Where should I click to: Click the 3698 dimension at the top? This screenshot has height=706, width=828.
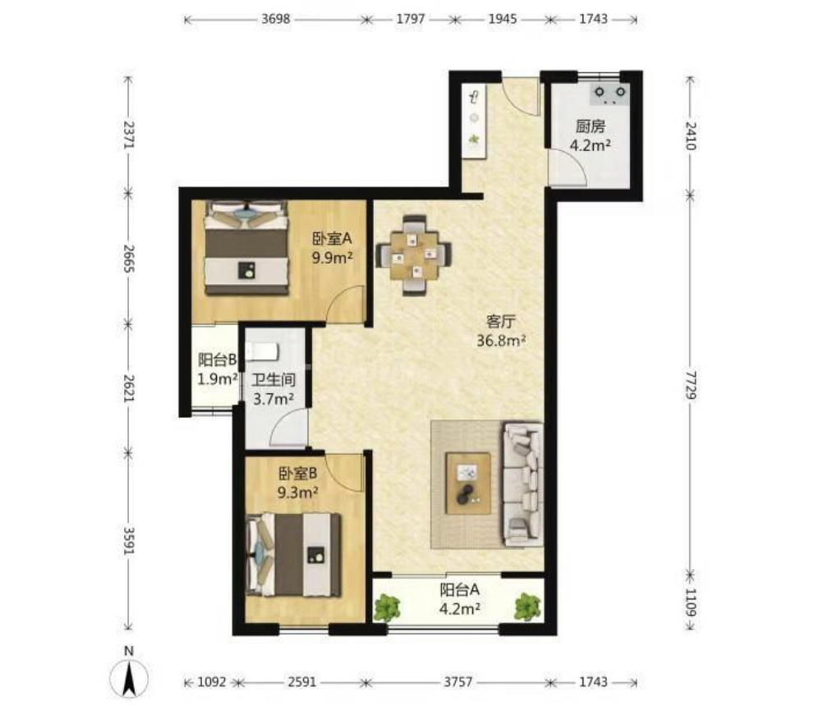[276, 20]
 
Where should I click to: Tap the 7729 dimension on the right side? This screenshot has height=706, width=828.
[691, 385]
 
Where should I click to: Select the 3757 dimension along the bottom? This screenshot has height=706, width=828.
[458, 682]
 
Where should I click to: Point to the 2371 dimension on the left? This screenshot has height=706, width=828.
[129, 135]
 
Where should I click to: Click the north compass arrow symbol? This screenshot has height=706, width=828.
[129, 677]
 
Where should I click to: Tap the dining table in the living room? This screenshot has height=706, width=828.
[414, 254]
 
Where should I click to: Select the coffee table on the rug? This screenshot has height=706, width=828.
[468, 483]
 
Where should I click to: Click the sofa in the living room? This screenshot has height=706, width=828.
[522, 484]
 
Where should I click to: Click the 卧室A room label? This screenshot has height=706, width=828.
[332, 239]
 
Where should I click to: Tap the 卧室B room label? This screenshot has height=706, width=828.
[298, 474]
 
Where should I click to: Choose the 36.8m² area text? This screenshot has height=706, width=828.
[501, 341]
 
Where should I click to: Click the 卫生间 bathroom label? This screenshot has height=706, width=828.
[273, 379]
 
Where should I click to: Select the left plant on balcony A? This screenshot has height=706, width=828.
[387, 607]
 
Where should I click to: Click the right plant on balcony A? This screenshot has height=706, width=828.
[528, 607]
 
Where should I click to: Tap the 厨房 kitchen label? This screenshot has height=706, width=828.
[591, 126]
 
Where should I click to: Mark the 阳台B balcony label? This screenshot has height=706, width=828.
[218, 360]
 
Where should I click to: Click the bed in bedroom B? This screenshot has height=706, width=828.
[293, 555]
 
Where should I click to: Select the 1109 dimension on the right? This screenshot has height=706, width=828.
[691, 602]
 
